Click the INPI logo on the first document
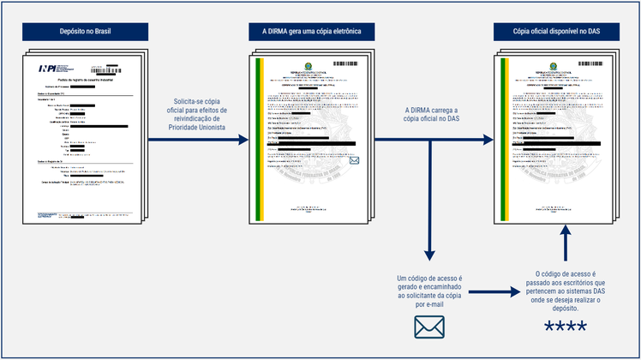(50, 69)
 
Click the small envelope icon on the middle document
(355, 160)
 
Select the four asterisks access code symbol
(566, 327)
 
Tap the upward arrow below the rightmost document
(566, 240)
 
